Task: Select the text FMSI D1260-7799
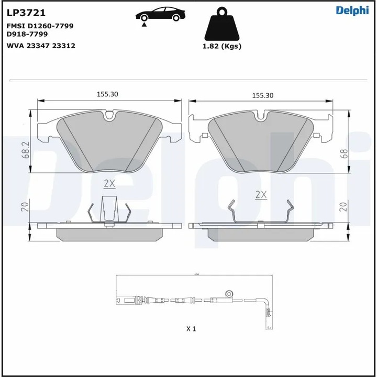pyautogui.click(x=40, y=26)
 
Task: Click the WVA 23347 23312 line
pyautogui.click(x=41, y=46)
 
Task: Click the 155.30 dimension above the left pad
pyautogui.click(x=107, y=94)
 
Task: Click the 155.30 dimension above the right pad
pyautogui.click(x=263, y=95)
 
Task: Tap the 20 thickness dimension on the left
pyautogui.click(x=24, y=207)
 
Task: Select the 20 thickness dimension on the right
pyautogui.click(x=344, y=207)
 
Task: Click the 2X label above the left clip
pyautogui.click(x=109, y=183)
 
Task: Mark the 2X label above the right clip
pyautogui.click(x=261, y=194)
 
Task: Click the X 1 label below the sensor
pyautogui.click(x=191, y=329)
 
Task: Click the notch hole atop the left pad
pyautogui.click(x=109, y=115)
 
